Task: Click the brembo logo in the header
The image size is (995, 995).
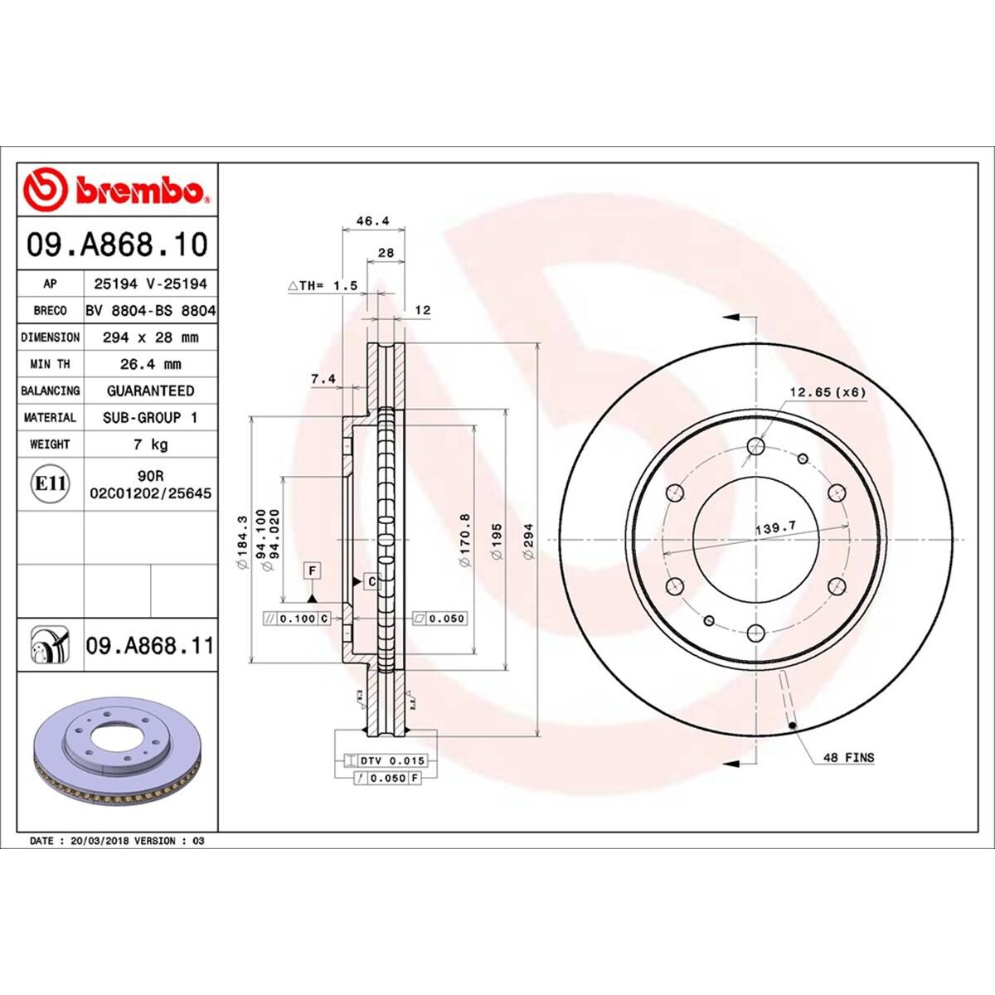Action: tap(116, 190)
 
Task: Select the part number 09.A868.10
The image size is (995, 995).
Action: tap(117, 245)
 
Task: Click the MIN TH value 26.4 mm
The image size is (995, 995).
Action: tap(150, 364)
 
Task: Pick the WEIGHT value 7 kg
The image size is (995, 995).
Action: tap(150, 444)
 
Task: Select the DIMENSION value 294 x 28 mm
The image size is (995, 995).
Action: tap(150, 337)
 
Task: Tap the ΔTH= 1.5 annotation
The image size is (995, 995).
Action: tap(323, 285)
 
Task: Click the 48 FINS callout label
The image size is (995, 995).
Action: tap(848, 757)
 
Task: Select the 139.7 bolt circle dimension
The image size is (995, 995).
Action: tap(770, 527)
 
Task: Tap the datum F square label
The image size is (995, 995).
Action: tap(313, 570)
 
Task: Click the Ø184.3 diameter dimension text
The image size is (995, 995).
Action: tap(242, 542)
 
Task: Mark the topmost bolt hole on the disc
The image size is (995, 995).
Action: tap(755, 447)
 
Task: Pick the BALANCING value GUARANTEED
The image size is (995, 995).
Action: tap(150, 391)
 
